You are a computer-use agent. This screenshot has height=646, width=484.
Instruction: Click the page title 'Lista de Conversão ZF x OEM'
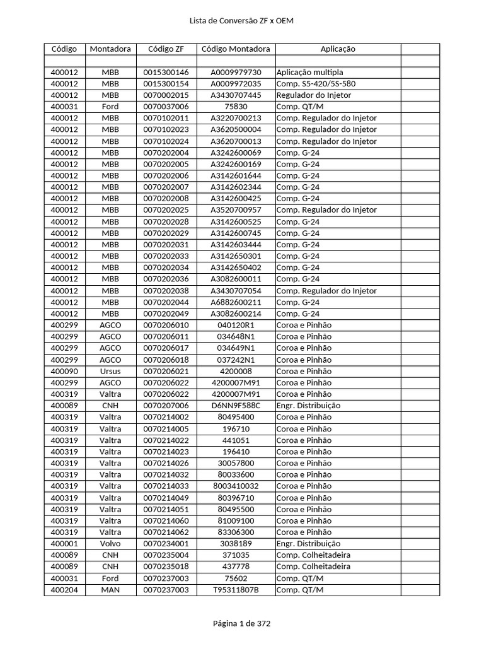241,21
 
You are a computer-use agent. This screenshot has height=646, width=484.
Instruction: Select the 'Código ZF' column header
166,49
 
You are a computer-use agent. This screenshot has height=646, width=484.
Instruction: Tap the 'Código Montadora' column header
236,49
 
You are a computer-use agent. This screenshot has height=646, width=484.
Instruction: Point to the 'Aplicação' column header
338,49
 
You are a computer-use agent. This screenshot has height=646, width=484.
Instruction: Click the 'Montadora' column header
110,49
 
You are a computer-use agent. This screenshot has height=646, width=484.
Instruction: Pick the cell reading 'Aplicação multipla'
310,72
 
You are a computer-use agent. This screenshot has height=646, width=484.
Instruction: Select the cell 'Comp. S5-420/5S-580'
316,83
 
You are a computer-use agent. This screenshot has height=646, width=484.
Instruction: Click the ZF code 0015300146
166,72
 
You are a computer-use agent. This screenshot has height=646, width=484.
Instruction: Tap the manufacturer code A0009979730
236,72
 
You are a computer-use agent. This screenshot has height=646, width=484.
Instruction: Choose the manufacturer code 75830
236,107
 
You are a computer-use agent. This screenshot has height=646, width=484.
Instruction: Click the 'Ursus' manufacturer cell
110,371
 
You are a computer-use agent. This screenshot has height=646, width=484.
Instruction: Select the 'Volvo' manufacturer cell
110,543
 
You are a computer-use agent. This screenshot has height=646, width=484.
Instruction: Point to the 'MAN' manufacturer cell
110,590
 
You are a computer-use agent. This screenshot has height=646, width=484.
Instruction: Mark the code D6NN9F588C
236,406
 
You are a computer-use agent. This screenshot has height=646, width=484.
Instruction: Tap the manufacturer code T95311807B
236,590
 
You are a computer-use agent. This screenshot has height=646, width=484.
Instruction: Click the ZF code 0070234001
166,543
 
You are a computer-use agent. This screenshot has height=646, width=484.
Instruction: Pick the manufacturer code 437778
236,567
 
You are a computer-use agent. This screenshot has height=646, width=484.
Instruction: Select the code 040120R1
236,325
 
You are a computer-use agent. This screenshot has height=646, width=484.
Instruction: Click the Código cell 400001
64,543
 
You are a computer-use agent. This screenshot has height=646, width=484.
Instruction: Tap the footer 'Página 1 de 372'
241,623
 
